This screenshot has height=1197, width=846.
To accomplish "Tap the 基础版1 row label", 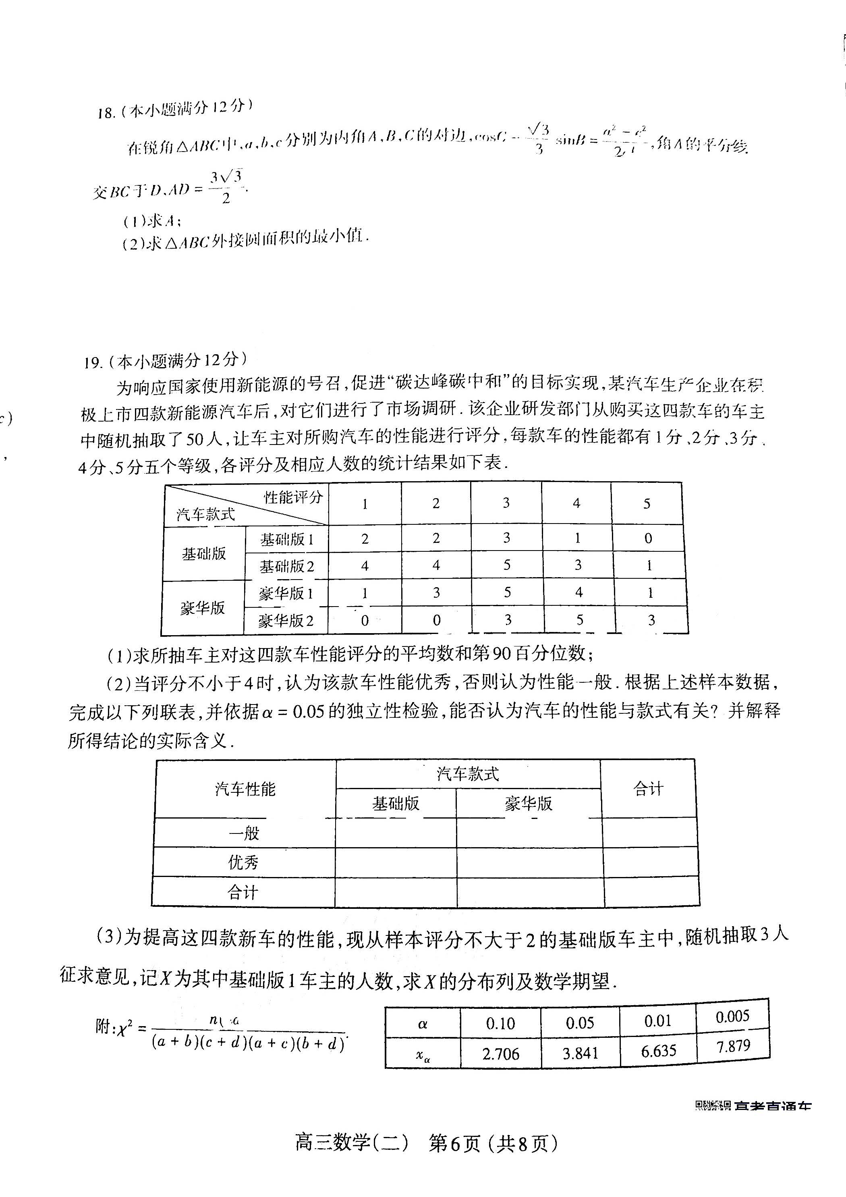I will [x=287, y=539].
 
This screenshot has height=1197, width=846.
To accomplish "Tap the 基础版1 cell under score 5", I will [x=648, y=538].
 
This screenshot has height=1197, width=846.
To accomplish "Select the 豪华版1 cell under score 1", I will [x=365, y=593].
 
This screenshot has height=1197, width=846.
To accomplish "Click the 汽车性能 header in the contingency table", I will [x=245, y=789].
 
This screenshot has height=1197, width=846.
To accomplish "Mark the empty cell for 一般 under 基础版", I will [x=396, y=833].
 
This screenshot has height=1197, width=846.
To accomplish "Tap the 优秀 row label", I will [x=243, y=862].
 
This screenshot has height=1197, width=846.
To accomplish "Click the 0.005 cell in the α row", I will [x=732, y=1016].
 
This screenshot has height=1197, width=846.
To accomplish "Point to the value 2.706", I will [x=501, y=1054].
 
